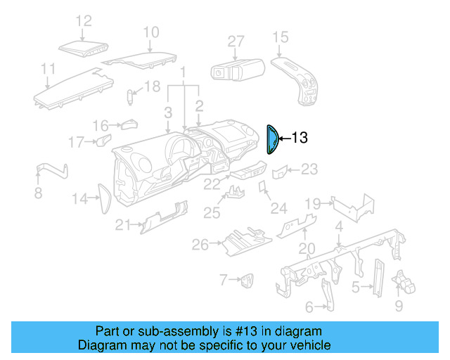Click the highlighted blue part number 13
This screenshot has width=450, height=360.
pos(271,139)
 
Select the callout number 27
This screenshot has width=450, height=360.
pos(236,41)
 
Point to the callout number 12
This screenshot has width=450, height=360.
pos(84,21)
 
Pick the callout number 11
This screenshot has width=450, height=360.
pos(48,68)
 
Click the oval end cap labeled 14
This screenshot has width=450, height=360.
pos(103,199)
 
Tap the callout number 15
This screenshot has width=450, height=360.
pos(281,37)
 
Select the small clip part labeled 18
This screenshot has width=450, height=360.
pos(131,96)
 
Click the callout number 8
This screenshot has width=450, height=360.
pos(38,193)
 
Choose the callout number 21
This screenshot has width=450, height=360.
pos(123,225)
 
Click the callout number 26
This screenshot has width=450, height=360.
pos(200,245)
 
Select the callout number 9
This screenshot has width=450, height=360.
pos(399,306)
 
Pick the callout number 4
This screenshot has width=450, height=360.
pos(339,226)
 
